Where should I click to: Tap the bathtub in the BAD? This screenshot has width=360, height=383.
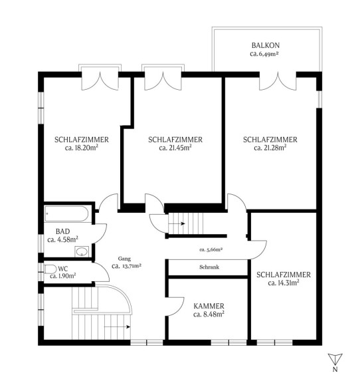point(66,213)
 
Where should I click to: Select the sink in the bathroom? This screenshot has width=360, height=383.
point(82,251)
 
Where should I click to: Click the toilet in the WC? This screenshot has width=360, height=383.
point(50,269)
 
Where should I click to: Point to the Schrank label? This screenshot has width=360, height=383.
point(209,267)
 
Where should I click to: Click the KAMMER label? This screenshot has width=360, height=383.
point(209,306)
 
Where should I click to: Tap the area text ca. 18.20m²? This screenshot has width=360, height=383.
point(82,148)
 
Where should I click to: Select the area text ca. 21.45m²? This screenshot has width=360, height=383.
point(175,148)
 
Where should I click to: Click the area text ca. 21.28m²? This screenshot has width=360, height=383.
point(270,148)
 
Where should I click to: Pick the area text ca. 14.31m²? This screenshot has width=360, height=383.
point(284,283)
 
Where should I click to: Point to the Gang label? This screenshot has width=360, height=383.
point(124,259)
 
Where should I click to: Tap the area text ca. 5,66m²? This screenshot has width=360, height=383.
point(211,249)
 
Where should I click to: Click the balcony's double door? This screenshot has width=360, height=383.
point(278,81)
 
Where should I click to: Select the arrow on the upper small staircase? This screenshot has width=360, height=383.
point(177,223)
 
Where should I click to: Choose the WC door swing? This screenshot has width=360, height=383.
point(102,272)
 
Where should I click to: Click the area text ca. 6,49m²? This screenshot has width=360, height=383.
point(264,54)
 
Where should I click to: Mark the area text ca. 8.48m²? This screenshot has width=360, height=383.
point(209,315)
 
